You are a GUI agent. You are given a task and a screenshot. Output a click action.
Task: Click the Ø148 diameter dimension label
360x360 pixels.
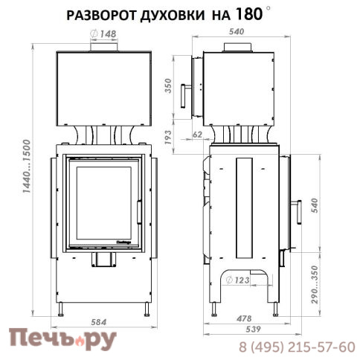click(x=103, y=34)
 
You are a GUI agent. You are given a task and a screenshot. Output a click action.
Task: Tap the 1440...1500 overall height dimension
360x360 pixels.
click(x=26, y=167)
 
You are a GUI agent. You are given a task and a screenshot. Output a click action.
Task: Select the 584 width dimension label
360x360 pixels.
click(x=98, y=322)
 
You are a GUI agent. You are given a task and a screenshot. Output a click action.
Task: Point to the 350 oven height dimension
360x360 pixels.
click(x=168, y=86)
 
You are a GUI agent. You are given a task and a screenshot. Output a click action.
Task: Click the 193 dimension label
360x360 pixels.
click(x=168, y=138)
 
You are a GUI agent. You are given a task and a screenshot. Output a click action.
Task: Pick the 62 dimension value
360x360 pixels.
click(x=197, y=135)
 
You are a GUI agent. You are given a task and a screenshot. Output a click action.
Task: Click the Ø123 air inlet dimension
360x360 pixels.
click(x=238, y=280)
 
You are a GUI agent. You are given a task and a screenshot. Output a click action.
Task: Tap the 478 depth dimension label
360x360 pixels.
click(x=244, y=318)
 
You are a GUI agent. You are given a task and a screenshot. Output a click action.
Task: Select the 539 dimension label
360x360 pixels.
click(x=253, y=329)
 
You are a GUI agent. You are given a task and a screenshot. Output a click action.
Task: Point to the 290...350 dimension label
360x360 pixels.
click(x=315, y=285)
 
